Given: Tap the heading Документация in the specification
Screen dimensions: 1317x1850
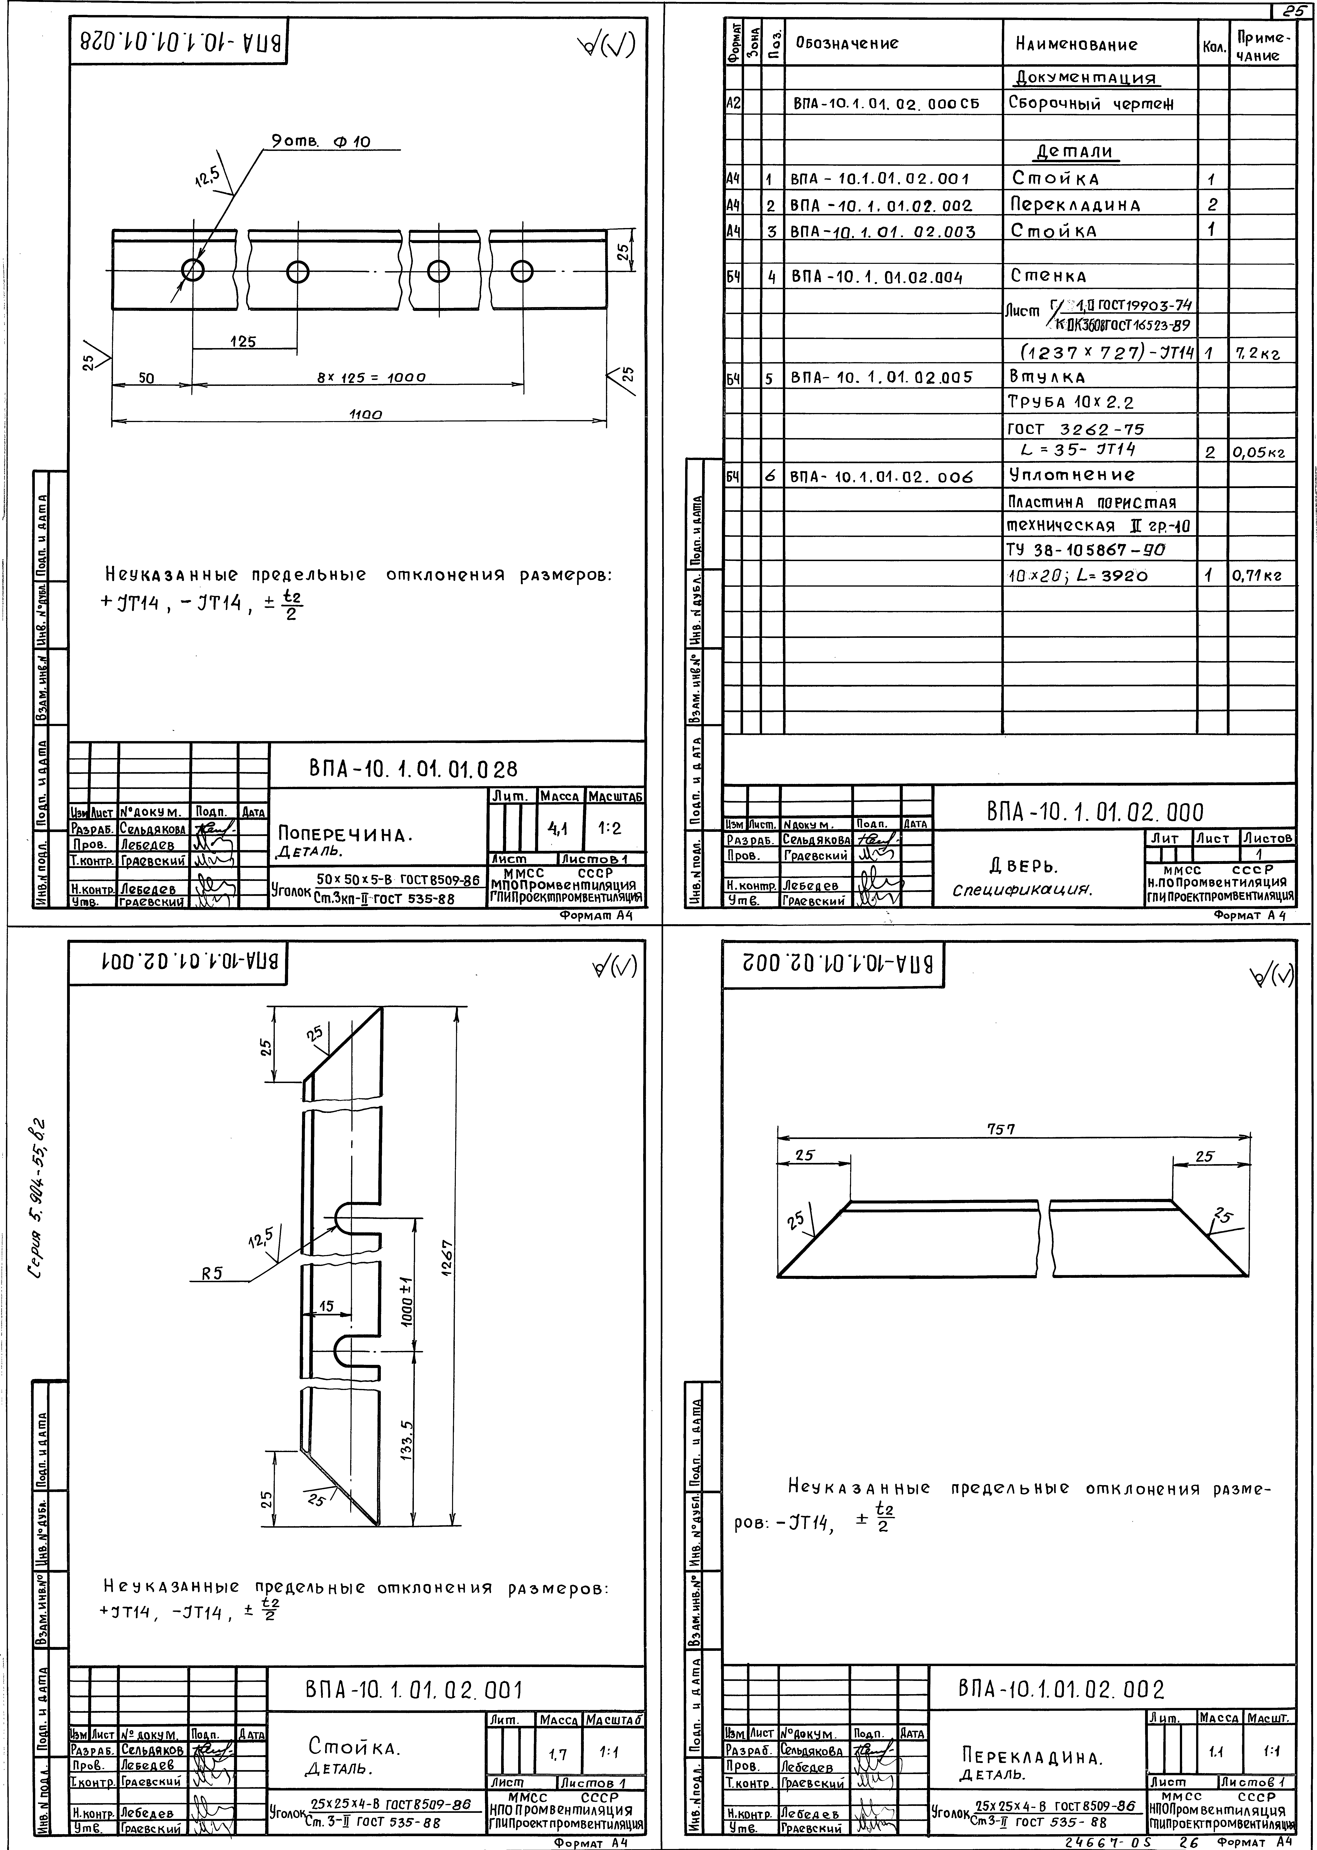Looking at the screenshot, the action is point(1085,78).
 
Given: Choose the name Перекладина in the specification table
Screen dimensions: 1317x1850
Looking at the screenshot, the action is point(1075,204).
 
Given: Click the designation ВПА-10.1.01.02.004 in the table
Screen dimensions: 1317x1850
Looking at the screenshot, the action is point(876,277).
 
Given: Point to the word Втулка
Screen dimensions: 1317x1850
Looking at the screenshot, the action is point(1047,377).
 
